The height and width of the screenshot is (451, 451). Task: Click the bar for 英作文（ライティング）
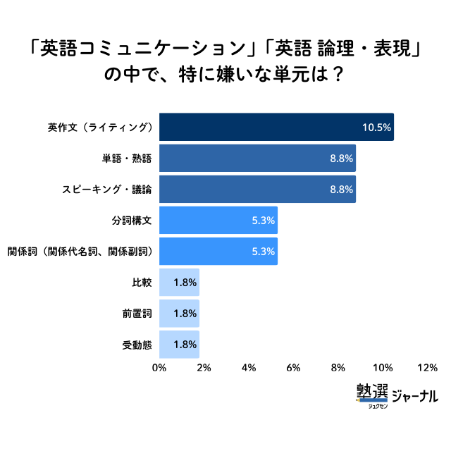[x=276, y=128]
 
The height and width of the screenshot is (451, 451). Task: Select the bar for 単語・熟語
[x=257, y=159]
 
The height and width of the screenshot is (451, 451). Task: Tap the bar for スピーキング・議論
[x=257, y=190]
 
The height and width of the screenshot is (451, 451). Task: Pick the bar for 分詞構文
[x=218, y=221]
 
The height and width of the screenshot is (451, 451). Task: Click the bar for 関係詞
[x=218, y=252]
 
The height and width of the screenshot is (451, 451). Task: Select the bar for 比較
[x=179, y=283]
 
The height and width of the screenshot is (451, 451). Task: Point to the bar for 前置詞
[x=179, y=314]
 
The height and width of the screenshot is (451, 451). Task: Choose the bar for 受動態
[x=179, y=345]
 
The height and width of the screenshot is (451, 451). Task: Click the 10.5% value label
[x=376, y=128]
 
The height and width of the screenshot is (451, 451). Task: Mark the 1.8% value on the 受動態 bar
[x=184, y=345]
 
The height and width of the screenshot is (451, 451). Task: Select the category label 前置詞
[x=137, y=314]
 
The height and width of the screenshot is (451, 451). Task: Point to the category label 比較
[x=142, y=283]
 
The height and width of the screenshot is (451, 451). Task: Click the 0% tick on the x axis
[x=159, y=368]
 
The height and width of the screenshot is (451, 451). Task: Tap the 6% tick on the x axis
[x=293, y=368]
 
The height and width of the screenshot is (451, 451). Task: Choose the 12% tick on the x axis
[x=427, y=368]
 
